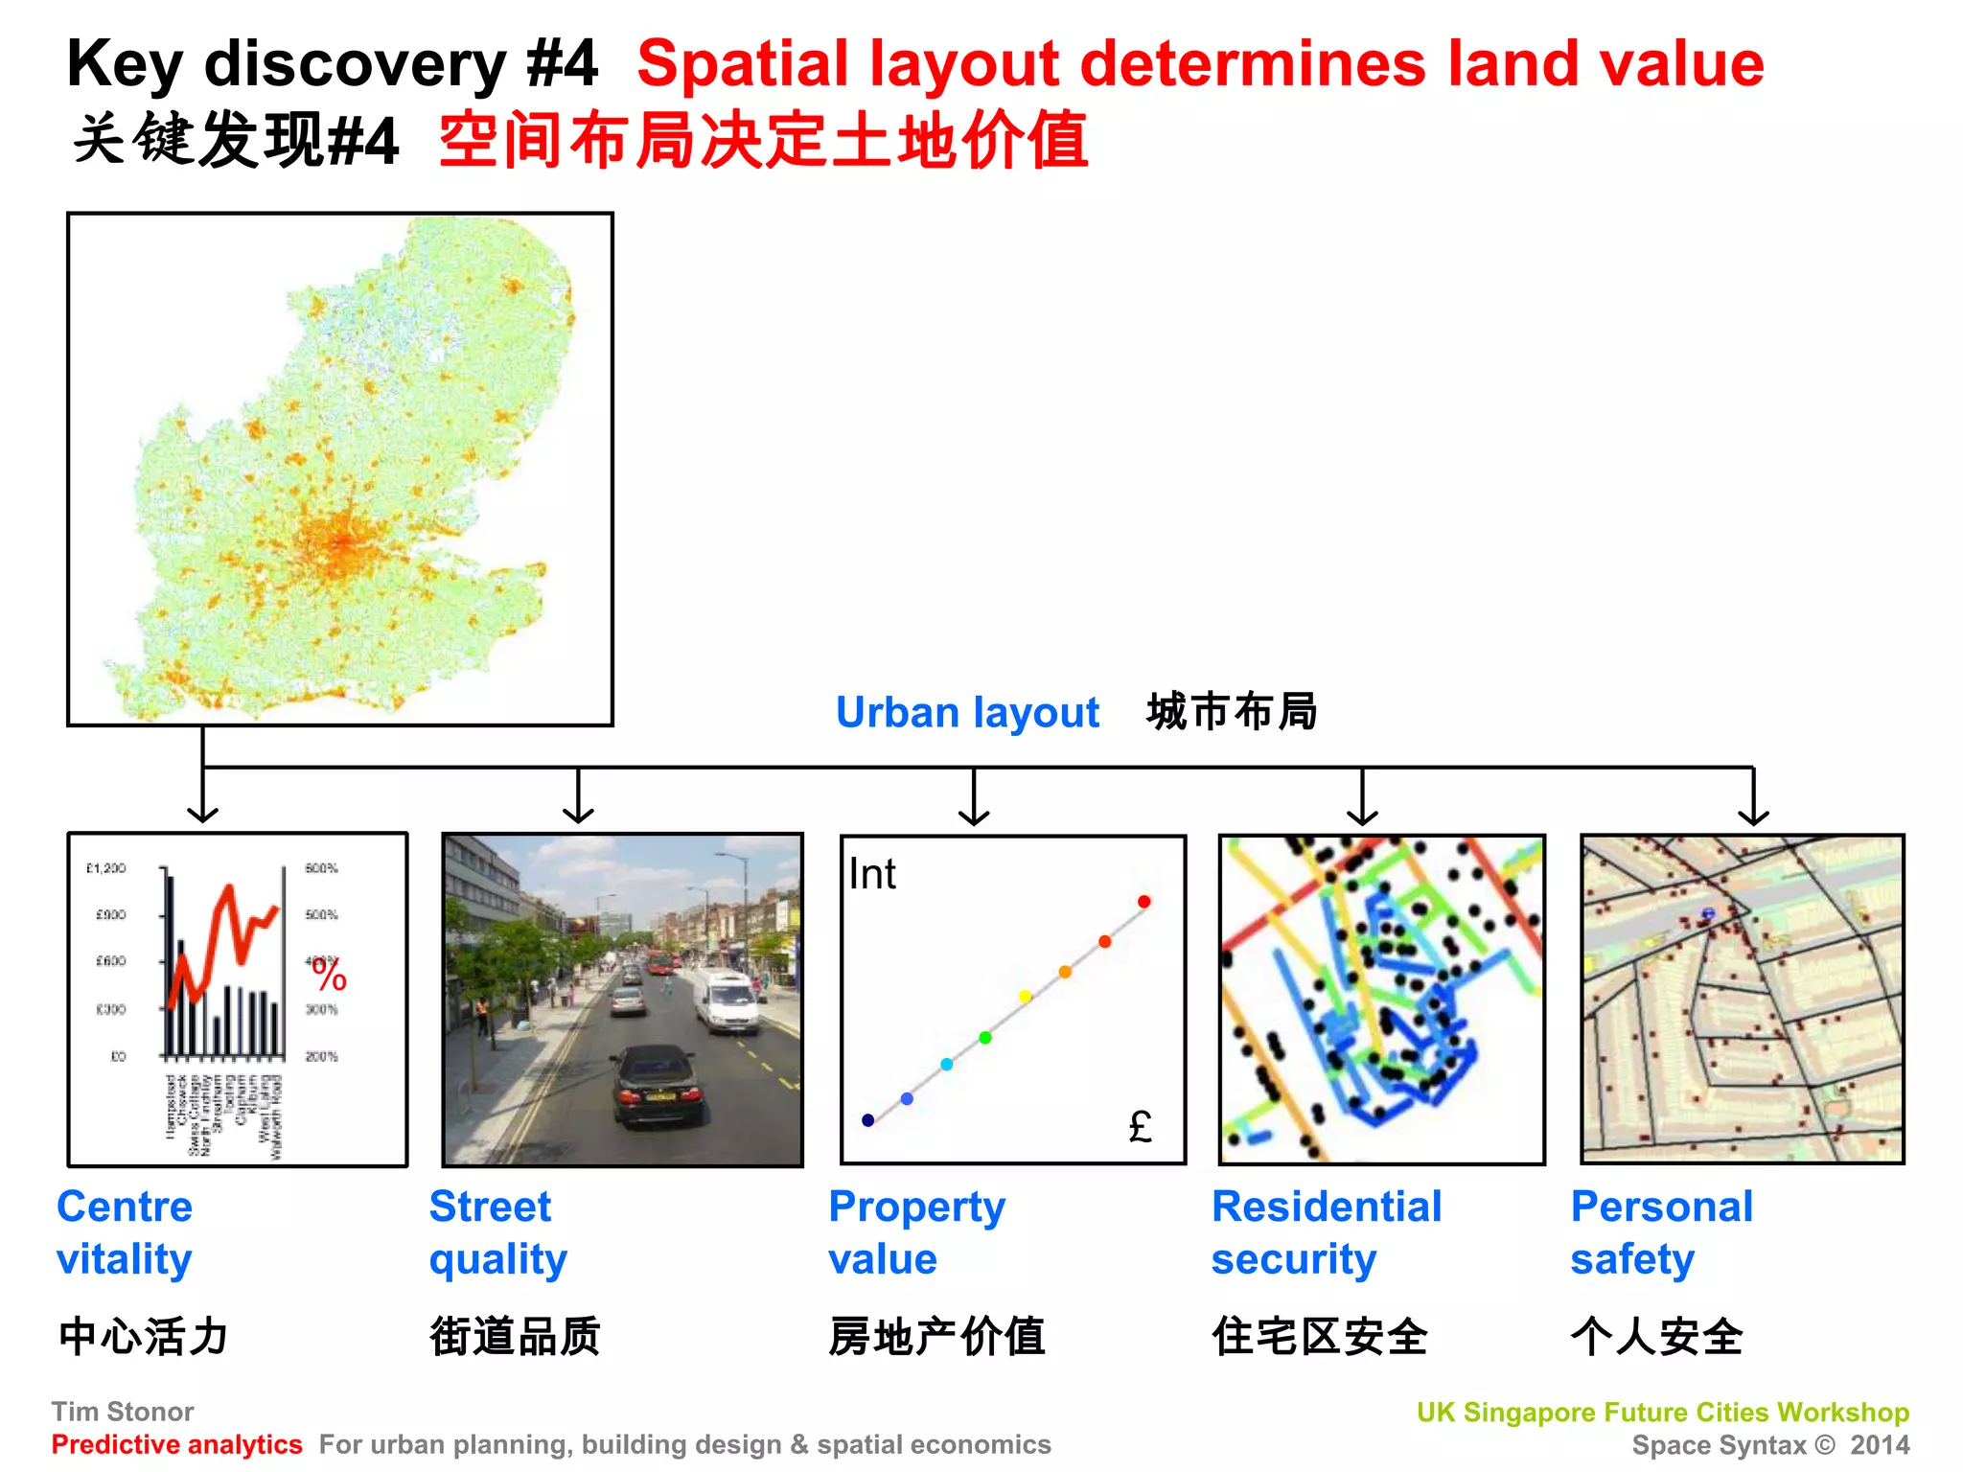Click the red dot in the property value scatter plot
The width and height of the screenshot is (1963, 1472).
click(x=1143, y=902)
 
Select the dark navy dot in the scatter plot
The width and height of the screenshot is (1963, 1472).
click(x=868, y=1120)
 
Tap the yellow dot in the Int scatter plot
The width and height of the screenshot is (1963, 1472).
click(x=1025, y=997)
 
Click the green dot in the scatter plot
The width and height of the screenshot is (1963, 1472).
click(x=985, y=1038)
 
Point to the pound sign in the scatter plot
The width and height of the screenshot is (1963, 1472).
click(x=1140, y=1126)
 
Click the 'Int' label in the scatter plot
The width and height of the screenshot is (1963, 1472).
click(x=871, y=874)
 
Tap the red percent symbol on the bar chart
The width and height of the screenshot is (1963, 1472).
click(x=330, y=977)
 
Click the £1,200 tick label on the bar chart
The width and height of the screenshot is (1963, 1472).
click(x=106, y=868)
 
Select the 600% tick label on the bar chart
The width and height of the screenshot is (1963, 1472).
click(x=321, y=868)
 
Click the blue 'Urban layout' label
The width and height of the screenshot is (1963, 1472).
click(x=967, y=713)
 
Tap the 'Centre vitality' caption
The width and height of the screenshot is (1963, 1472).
click(x=125, y=1232)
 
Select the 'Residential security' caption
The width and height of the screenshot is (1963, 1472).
click(x=1326, y=1232)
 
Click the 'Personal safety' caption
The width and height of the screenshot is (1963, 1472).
click(x=1661, y=1232)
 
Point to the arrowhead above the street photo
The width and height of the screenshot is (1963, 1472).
click(x=578, y=816)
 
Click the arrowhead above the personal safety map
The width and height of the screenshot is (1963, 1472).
click(x=1753, y=816)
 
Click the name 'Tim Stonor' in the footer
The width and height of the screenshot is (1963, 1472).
click(x=123, y=1412)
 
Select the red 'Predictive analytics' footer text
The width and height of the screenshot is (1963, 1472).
click(x=177, y=1444)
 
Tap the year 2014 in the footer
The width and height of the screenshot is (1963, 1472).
click(x=1880, y=1444)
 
